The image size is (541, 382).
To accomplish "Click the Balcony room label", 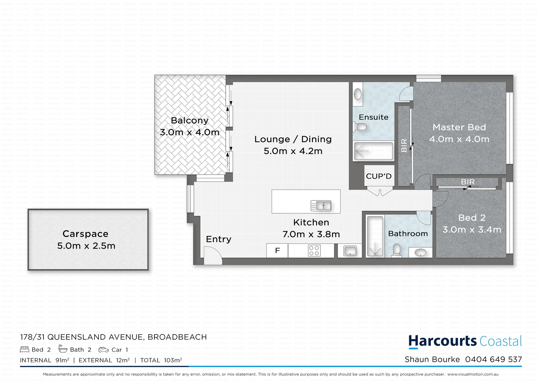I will (189, 121).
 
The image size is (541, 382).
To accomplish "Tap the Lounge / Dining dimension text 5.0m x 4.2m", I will (293, 151).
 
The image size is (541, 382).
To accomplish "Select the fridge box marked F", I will (277, 250).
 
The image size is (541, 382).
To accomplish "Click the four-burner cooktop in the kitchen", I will (314, 250).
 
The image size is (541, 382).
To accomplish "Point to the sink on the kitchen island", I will (321, 206).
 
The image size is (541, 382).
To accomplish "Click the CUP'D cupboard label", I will (378, 176).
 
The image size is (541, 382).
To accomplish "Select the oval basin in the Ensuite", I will (358, 94).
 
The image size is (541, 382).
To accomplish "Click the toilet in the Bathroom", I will (397, 250).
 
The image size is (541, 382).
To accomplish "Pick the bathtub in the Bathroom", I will (375, 236).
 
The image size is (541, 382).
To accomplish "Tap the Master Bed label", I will (459, 127).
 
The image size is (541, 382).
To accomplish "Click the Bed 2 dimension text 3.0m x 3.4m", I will (472, 230).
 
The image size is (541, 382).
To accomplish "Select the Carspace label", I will (85, 234).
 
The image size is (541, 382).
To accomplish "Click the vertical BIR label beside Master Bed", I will (404, 145).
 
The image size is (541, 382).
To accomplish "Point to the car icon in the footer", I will (103, 350).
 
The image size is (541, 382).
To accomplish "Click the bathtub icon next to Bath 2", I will (63, 349).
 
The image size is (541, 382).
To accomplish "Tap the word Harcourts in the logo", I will (443, 341).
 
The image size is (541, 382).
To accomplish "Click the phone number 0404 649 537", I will (493, 359).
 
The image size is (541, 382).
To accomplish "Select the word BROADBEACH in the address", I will (177, 337).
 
